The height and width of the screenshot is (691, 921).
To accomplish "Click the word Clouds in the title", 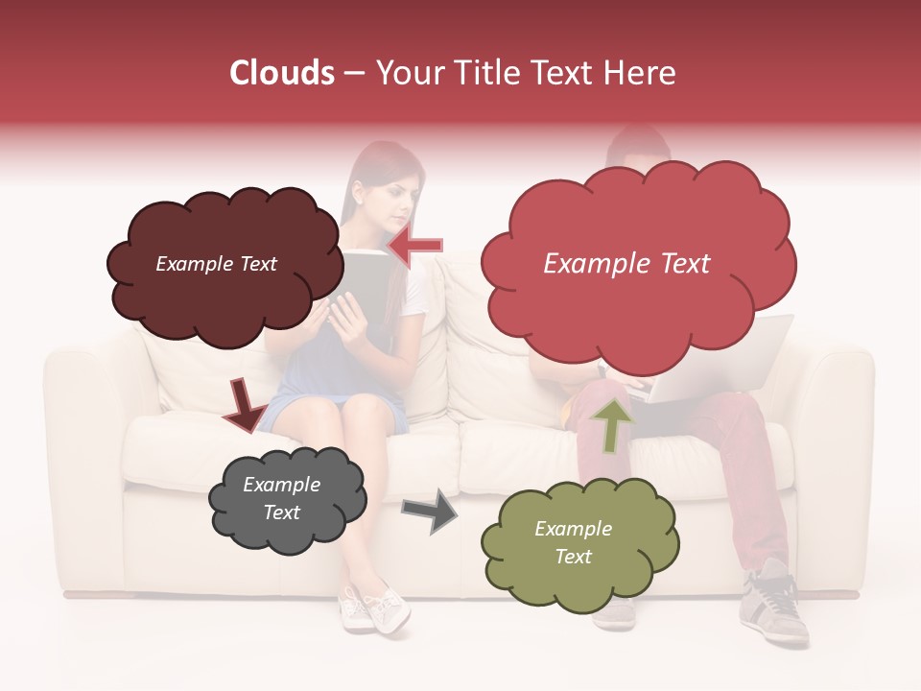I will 282,73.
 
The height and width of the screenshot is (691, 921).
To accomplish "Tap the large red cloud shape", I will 637,307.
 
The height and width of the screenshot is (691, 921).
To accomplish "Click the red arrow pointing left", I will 416,246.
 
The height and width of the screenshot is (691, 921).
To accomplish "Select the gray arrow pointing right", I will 430,510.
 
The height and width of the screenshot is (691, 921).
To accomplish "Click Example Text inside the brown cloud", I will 216,264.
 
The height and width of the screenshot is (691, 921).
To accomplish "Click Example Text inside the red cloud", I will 626,264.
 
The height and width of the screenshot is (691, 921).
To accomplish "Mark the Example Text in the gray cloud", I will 281,499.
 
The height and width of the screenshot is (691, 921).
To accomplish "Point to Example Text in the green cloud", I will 573,542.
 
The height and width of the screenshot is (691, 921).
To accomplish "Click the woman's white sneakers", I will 374,608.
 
